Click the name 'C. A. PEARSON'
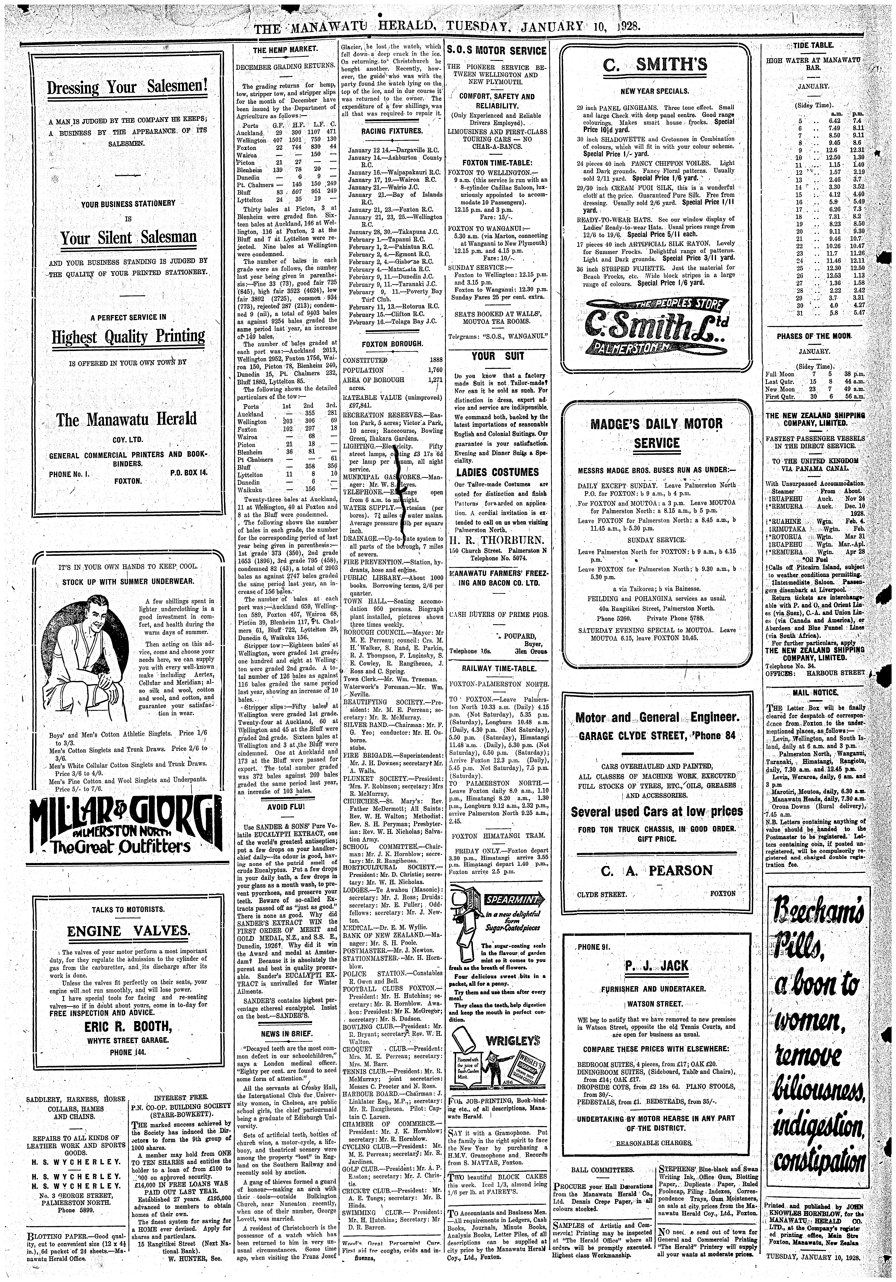pos(656,870)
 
